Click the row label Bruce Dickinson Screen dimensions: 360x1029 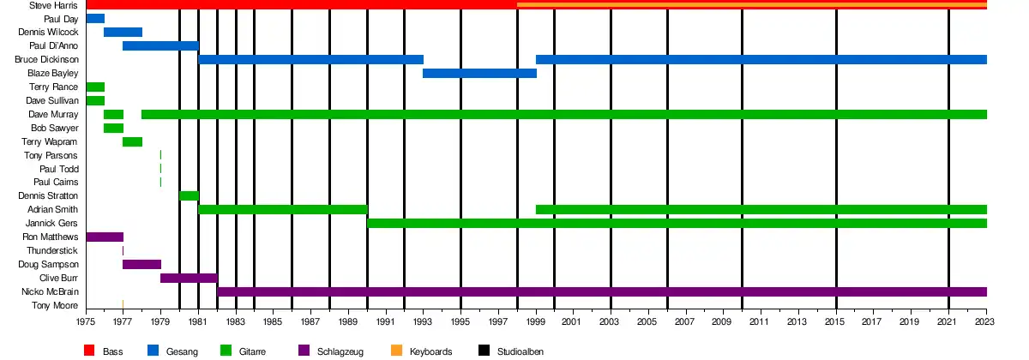tap(48, 60)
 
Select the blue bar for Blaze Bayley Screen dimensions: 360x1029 tap(479, 74)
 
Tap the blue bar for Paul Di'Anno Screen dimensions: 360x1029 tap(160, 46)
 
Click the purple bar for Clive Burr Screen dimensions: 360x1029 tap(189, 279)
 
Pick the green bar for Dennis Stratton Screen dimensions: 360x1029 tap(189, 196)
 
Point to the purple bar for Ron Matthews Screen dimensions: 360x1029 tap(105, 237)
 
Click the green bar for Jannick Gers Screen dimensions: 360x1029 tap(677, 224)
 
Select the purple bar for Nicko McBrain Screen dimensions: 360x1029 tap(601, 292)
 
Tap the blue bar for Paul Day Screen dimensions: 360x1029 tap(95, 19)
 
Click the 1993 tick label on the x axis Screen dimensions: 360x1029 tap(423, 322)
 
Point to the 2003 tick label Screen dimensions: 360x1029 tap(611, 322)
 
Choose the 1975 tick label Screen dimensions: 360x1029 tap(86, 322)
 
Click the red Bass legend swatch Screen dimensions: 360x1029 tap(88, 351)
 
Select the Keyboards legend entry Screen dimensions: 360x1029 tap(430, 351)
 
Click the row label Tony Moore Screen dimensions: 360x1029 tap(55, 306)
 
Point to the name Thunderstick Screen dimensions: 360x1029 tap(51, 251)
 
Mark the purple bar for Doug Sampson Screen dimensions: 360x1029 tap(141, 265)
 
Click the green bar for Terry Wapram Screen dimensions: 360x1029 tap(132, 142)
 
